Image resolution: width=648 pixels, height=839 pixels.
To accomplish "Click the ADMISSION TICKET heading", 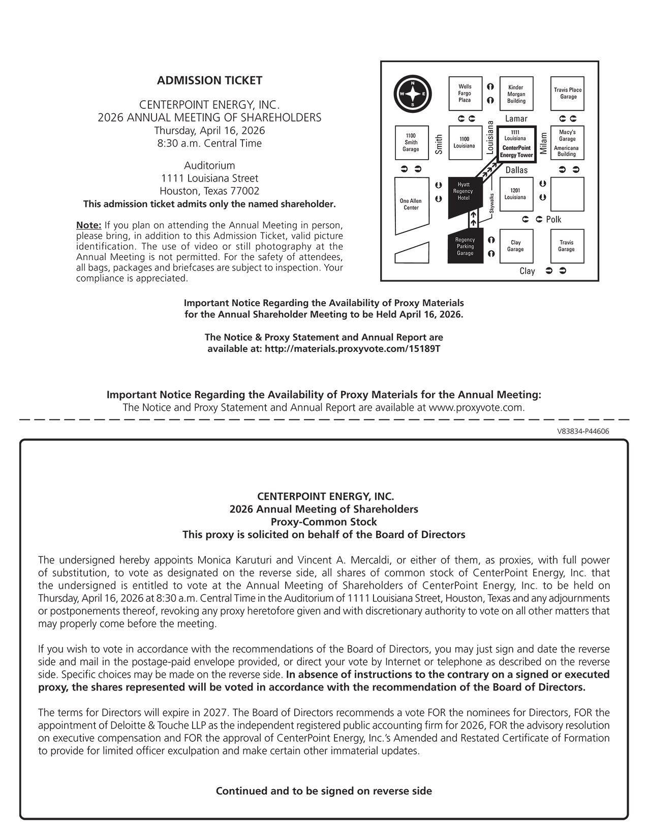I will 209,80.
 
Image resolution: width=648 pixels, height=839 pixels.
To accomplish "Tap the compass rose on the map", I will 412,95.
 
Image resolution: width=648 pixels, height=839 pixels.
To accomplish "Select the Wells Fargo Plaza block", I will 465,94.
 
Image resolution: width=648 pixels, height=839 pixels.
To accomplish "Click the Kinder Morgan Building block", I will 516,94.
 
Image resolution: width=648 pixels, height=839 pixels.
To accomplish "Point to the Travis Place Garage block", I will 567,94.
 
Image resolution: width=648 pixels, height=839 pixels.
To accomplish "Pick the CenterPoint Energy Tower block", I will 516,145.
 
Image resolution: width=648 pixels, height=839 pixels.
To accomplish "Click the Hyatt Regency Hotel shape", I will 463,195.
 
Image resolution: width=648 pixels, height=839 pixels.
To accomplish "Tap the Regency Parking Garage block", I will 465,247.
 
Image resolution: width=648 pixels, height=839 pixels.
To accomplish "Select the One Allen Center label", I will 411,204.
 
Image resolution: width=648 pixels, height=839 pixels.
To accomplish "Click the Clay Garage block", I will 515,246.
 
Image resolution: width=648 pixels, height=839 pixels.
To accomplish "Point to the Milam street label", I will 544,144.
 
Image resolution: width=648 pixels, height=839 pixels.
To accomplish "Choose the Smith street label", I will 439,144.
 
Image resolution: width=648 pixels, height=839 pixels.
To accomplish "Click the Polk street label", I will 553,220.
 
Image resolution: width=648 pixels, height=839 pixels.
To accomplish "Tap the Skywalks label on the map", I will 491,203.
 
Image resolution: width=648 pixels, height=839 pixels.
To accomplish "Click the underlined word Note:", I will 89,225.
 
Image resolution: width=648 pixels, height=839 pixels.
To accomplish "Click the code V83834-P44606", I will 583,431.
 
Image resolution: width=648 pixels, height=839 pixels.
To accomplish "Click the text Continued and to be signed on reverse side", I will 324,791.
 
